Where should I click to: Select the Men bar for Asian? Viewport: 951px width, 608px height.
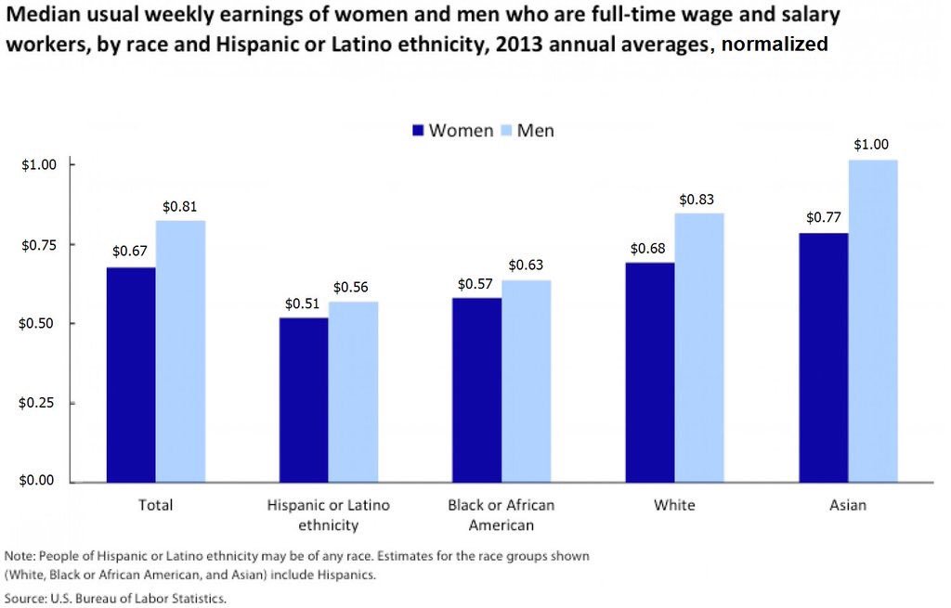point(872,320)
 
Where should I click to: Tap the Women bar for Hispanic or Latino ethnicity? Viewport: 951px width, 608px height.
point(303,399)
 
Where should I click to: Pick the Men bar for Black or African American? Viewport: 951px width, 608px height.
point(526,381)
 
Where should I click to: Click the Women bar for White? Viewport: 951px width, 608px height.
point(649,371)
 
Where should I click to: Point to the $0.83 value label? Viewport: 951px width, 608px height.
point(697,200)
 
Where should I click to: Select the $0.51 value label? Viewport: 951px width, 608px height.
point(303,304)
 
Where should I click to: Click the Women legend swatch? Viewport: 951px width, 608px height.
point(418,131)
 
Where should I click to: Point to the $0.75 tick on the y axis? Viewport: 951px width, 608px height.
point(39,244)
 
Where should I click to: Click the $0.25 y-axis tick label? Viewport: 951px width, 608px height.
point(39,403)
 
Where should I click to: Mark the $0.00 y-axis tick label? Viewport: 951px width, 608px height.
point(39,481)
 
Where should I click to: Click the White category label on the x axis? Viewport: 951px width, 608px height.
point(673,506)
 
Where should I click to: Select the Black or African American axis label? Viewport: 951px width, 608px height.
point(501,515)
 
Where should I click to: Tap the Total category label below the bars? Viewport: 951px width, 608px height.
point(155,506)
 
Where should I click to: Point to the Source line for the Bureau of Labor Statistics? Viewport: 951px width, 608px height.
point(116,599)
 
